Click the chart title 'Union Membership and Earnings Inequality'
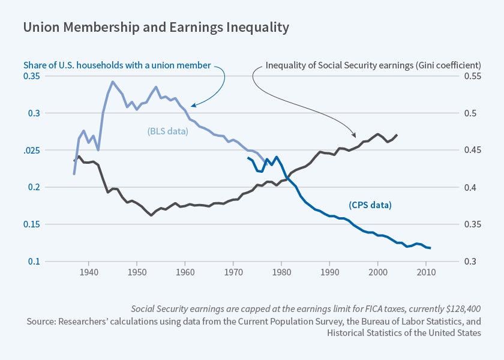[156, 28]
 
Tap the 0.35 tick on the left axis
[31, 76]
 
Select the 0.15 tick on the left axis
[31, 224]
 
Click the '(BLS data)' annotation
[168, 131]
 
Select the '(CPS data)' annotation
[370, 205]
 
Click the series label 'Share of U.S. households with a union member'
[117, 65]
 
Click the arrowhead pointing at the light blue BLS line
[193, 106]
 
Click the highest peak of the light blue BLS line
[112, 82]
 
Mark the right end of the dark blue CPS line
[430, 248]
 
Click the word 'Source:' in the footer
[41, 321]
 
